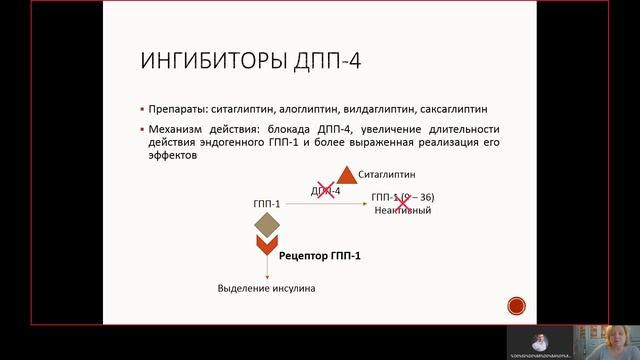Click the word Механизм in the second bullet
click(x=179, y=130)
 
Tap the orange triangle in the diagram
click(x=346, y=174)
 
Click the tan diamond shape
click(x=266, y=225)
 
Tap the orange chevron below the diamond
click(x=266, y=246)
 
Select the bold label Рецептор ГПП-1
click(x=321, y=256)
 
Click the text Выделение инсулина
click(x=266, y=289)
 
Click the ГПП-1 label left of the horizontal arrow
click(x=267, y=204)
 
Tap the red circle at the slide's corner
click(x=516, y=306)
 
